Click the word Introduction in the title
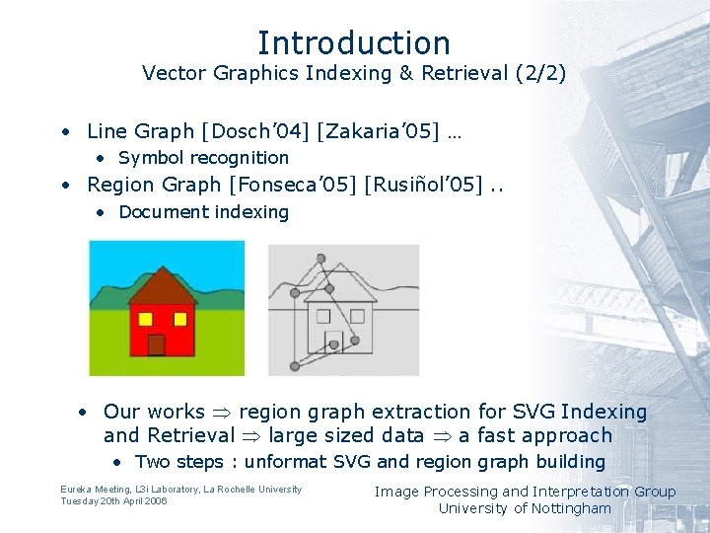(x=354, y=42)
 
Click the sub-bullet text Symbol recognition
(x=203, y=158)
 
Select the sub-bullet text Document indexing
(x=203, y=212)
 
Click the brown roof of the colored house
(x=163, y=289)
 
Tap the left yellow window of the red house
(x=145, y=319)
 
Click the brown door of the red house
(x=156, y=344)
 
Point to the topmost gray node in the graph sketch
(x=320, y=259)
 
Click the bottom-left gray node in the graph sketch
(x=295, y=366)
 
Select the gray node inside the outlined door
(x=334, y=344)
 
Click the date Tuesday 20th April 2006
(x=113, y=501)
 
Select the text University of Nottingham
(x=525, y=508)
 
